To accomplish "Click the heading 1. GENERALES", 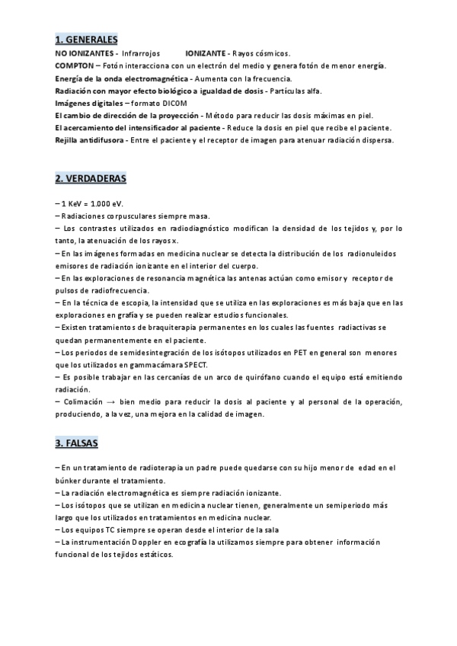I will coord(87,39).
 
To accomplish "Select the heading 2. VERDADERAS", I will coord(91,179).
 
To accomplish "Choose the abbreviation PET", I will coord(272,353).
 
